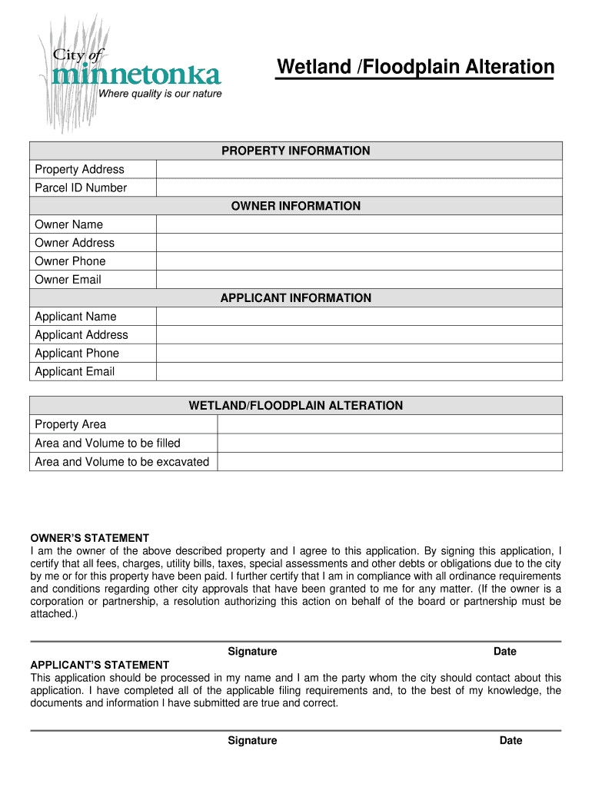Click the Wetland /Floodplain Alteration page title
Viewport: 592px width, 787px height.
click(415, 68)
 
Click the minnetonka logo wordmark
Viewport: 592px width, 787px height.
click(137, 75)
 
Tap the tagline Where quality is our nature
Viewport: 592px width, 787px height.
click(160, 94)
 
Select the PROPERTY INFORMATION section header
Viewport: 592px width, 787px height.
click(296, 151)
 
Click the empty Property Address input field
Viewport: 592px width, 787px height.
click(359, 169)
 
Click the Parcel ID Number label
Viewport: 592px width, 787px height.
click(81, 188)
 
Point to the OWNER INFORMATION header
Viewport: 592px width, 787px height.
click(296, 206)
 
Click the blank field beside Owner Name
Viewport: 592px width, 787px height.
click(359, 224)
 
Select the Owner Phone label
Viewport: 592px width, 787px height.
click(70, 261)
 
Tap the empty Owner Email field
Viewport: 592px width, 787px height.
click(359, 280)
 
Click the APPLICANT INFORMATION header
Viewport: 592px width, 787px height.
click(296, 298)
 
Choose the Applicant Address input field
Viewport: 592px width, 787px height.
click(359, 335)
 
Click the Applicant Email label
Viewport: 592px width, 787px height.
click(75, 372)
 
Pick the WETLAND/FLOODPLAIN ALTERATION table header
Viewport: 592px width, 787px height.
click(296, 406)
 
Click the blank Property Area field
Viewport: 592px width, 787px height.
click(390, 424)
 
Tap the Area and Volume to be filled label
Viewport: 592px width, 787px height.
click(108, 443)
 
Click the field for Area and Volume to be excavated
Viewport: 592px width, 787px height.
click(390, 462)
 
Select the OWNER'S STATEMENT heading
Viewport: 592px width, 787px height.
click(89, 538)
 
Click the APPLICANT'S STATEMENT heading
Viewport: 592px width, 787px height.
click(99, 665)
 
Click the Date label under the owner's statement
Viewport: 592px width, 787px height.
click(505, 652)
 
